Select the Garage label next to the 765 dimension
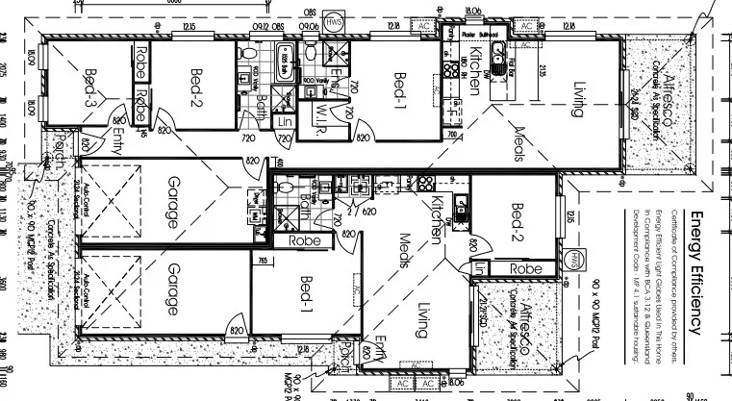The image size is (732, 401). tap(172, 288)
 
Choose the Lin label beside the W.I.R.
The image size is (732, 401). tap(285, 122)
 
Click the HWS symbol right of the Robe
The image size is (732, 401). tap(576, 260)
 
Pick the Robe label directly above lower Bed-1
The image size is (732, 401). tap(304, 241)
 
